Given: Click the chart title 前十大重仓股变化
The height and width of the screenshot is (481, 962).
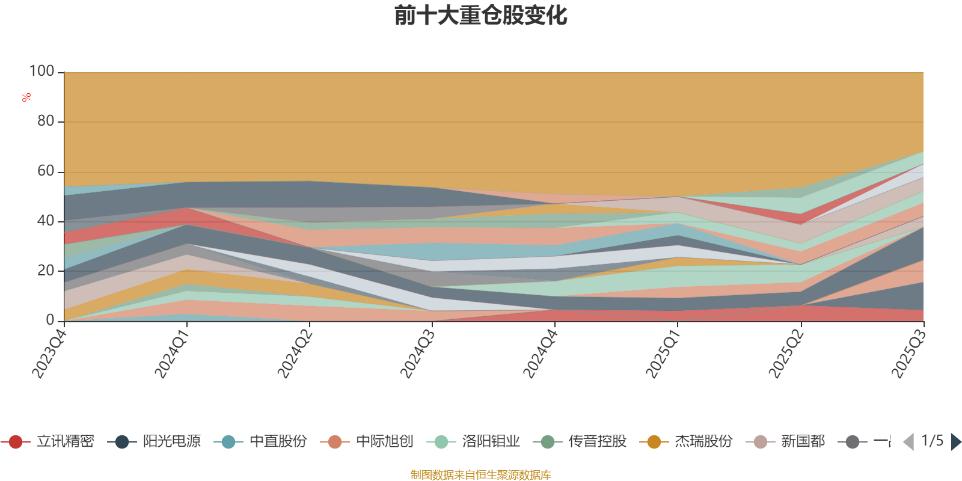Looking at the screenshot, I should point(481,16).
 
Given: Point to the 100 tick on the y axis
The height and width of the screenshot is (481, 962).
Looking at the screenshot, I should point(42,72).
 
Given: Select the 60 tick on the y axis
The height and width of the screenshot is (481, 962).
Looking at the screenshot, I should point(46,171).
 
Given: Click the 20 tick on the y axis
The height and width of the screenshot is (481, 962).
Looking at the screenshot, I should point(46,271).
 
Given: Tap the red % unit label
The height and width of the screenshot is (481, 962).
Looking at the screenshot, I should point(26,97).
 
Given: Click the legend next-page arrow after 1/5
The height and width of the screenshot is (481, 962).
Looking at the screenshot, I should point(955,442).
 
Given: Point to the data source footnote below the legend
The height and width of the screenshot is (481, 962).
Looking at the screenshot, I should point(481,475).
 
